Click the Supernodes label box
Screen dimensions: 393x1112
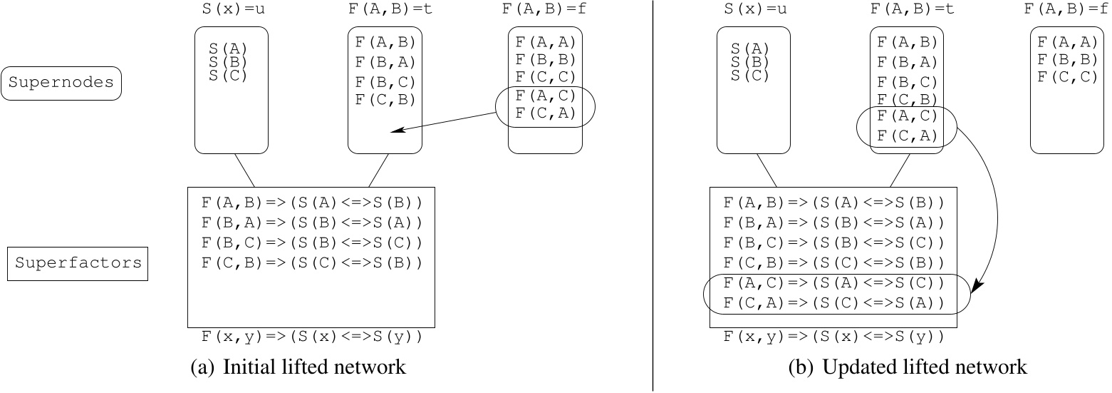coord(62,83)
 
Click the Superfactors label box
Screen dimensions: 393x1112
coord(78,263)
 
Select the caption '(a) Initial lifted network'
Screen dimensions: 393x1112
coord(298,367)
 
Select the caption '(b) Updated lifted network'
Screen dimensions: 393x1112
coord(908,367)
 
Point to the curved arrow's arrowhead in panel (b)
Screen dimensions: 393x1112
coord(977,287)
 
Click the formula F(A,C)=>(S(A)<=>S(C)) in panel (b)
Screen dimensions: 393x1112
coord(833,283)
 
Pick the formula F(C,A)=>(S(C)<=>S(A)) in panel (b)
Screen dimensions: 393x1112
coord(833,303)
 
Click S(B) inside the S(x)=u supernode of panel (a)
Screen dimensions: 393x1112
coord(228,62)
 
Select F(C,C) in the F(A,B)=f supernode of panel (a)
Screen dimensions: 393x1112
coord(545,76)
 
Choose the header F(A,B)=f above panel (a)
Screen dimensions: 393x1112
coord(545,10)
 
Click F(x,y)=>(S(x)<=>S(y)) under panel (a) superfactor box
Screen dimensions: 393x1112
coord(311,336)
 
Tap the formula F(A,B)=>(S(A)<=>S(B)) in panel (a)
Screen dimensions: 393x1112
coord(311,203)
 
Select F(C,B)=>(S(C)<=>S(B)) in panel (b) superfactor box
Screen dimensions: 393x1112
coord(833,262)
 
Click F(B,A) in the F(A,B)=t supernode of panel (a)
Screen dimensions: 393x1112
coord(385,62)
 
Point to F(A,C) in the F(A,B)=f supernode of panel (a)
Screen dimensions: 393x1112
coord(545,94)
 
